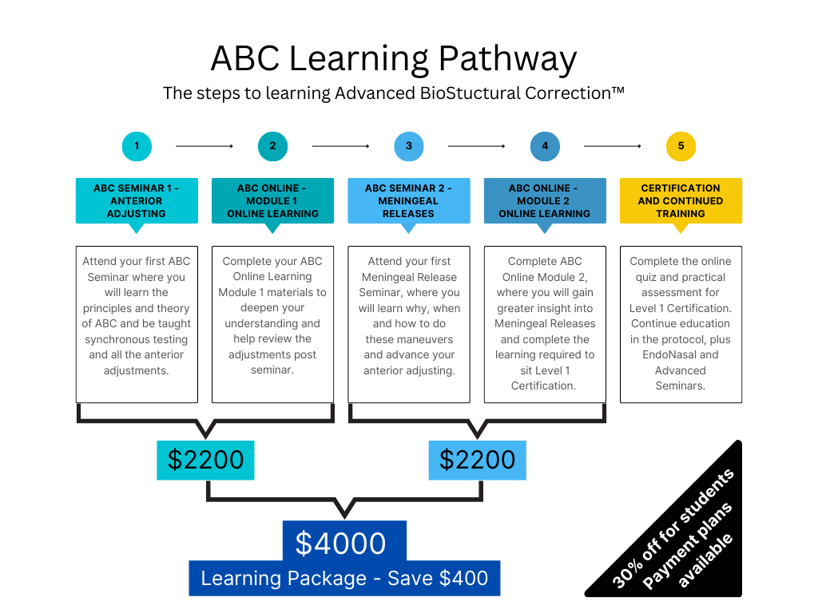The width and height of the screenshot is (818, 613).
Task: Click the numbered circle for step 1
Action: [x=137, y=146]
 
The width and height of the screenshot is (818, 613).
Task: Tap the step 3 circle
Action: [x=409, y=146]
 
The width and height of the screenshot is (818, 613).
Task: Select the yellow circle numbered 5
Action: [x=681, y=146]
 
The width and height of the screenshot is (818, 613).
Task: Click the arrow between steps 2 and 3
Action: [x=340, y=146]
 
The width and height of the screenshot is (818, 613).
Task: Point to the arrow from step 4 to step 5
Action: [x=612, y=146]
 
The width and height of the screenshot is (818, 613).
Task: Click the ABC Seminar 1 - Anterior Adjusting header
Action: [x=137, y=200]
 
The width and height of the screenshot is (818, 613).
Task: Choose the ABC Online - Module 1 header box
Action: [x=272, y=200]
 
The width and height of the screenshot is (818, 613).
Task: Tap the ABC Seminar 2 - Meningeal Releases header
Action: [x=409, y=200]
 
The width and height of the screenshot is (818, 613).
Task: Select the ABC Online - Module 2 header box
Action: [x=545, y=200]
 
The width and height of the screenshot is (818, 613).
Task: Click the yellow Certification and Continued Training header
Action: [x=681, y=200]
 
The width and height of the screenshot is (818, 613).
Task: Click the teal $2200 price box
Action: [x=205, y=460]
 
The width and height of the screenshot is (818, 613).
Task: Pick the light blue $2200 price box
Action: [x=477, y=460]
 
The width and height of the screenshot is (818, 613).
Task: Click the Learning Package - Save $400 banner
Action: [x=344, y=579]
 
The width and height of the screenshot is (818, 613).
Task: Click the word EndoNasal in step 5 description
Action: [x=681, y=354]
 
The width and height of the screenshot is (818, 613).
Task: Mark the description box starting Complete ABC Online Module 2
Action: [x=545, y=324]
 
